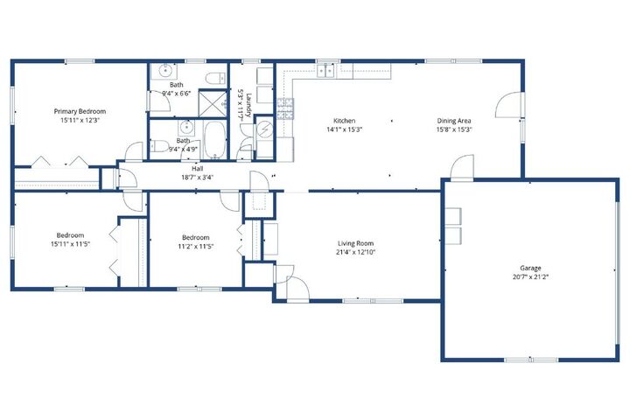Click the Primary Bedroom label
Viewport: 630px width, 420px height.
click(80, 111)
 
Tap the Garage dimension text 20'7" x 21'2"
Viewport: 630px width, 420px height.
click(530, 276)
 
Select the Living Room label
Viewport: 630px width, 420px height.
click(355, 243)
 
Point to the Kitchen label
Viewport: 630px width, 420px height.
click(345, 121)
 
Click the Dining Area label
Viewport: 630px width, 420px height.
click(454, 121)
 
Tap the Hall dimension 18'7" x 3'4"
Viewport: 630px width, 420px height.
click(197, 177)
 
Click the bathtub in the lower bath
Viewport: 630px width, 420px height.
click(215, 139)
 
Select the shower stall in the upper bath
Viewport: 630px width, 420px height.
click(213, 103)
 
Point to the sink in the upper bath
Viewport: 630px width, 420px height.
click(164, 71)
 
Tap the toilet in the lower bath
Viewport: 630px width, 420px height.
click(159, 146)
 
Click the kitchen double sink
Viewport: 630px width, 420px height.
click(325, 71)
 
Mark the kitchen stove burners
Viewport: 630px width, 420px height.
click(285, 108)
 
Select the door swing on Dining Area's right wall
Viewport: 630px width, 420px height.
click(508, 104)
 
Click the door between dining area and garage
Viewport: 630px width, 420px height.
click(462, 168)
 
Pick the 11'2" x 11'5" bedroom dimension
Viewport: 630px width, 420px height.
click(195, 246)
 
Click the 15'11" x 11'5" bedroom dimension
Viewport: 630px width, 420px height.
click(70, 243)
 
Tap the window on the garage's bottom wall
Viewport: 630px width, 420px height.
click(531, 360)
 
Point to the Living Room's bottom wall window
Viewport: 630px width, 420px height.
click(373, 301)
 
